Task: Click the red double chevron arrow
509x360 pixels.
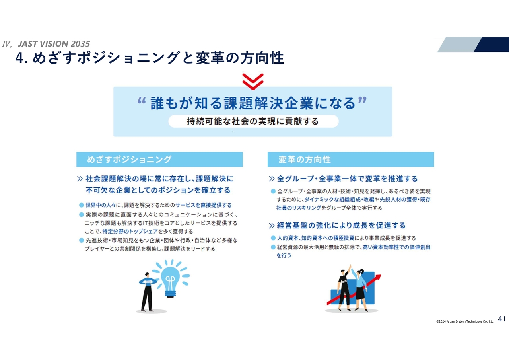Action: pos(253,82)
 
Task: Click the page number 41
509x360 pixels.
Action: pos(501,319)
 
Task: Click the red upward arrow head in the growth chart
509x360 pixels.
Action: pos(378,278)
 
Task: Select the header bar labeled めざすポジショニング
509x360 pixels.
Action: pos(159,160)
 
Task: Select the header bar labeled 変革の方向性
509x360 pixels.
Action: pos(351,160)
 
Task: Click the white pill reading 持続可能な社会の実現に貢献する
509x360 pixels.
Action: pos(253,121)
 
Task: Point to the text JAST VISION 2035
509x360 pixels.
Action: pos(54,44)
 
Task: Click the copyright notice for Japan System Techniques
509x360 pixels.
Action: pos(465,321)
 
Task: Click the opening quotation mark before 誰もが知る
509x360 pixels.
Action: pos(142,101)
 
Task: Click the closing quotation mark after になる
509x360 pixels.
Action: pos(362,100)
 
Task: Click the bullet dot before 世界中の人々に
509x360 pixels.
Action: pos(82,205)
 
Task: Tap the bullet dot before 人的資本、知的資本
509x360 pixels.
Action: pos(273,238)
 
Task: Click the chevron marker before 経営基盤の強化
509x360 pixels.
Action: pos(272,226)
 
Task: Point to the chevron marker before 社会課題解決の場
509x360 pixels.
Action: pos(80,179)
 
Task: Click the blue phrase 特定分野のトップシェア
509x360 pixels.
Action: pos(130,232)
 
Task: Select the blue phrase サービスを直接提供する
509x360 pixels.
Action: pos(203,205)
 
